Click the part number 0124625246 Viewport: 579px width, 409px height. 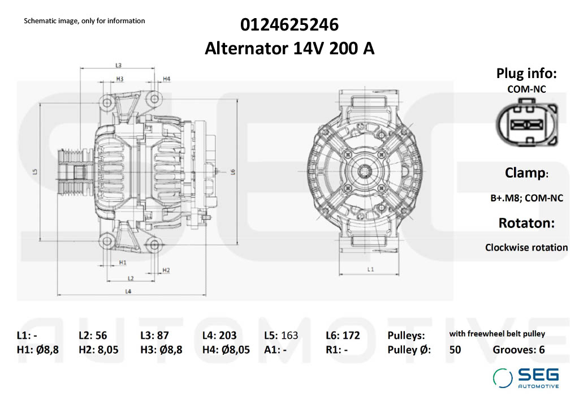pos(289,25)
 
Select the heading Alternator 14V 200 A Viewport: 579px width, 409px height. pos(289,49)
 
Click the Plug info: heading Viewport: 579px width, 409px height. pos(526,73)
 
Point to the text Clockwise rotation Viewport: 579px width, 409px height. pos(526,247)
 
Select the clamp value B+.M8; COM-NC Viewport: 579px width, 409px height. pos(526,198)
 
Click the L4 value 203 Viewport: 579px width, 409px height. pos(227,335)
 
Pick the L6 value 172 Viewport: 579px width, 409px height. pos(351,335)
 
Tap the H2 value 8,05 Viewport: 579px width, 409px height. pos(107,350)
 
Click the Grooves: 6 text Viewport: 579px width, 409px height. pos(518,350)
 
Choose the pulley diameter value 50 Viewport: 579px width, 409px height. pos(455,350)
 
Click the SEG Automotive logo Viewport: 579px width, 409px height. pos(526,378)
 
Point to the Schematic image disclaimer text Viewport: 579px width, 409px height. pos(84,21)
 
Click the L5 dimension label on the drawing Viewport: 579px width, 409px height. pos(35,171)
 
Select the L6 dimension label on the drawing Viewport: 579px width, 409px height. pos(232,171)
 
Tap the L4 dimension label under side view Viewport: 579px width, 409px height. pos(128,291)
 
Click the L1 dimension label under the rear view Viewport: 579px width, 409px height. pos(370,269)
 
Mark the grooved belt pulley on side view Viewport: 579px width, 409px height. pos(71,172)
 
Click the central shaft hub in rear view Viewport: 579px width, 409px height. pos(366,171)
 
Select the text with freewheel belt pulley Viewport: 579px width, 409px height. pos(497,334)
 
